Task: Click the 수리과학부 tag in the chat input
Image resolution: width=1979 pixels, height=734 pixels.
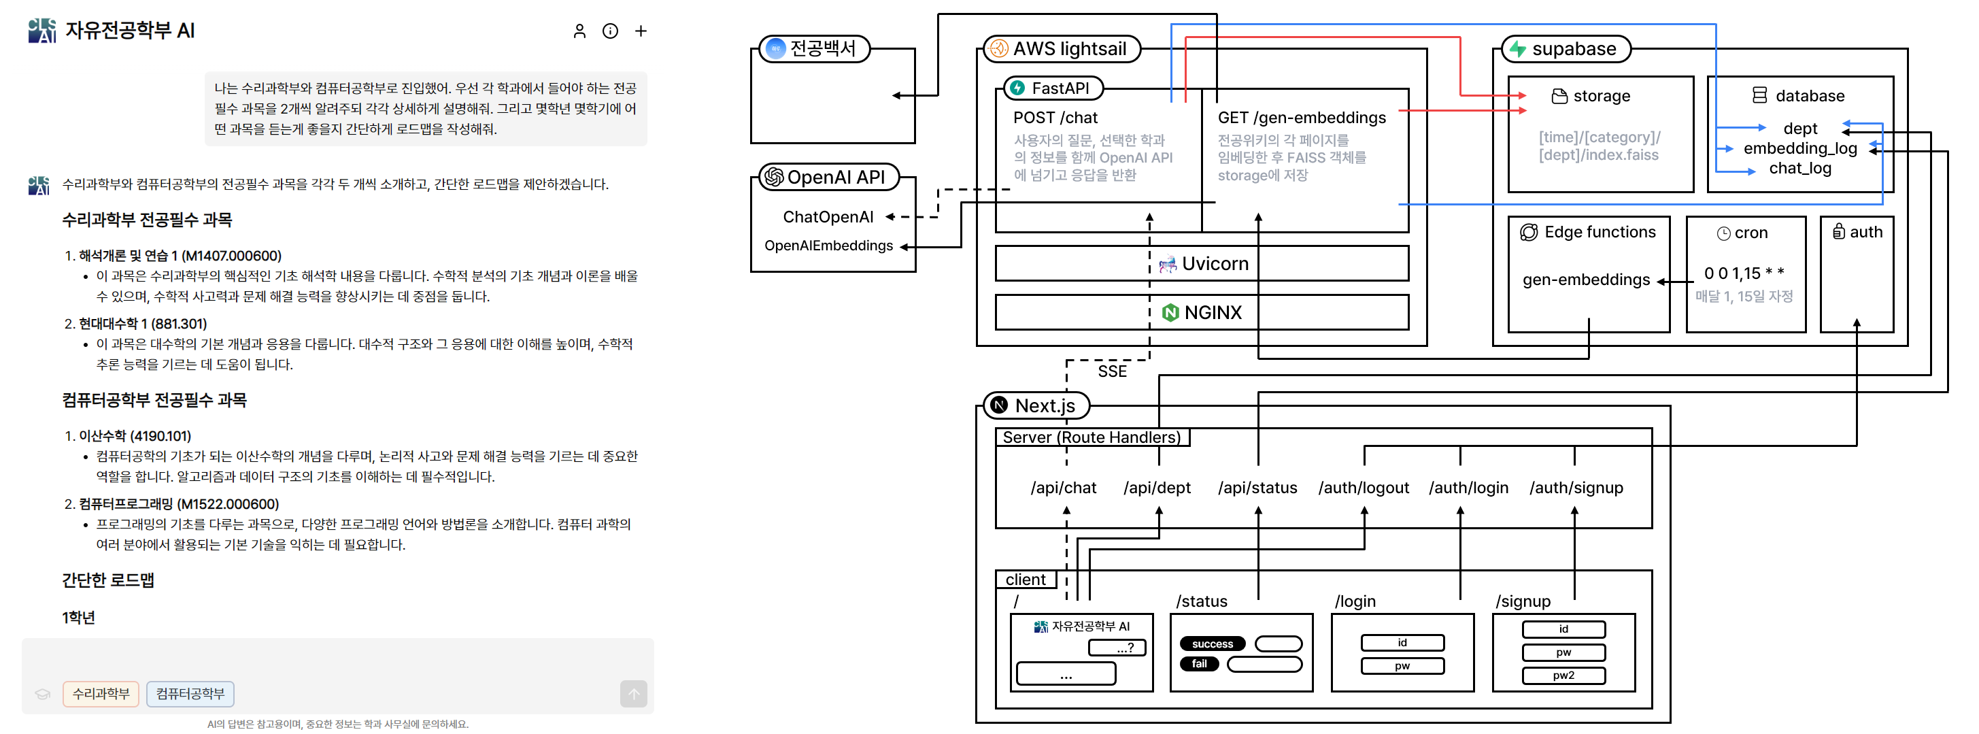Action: point(101,693)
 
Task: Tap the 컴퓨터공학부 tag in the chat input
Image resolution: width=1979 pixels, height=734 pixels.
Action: point(190,693)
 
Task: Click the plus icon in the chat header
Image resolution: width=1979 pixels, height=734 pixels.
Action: point(641,31)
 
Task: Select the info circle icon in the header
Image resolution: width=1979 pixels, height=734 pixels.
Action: point(610,31)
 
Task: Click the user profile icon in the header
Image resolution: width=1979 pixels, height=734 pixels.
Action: point(579,31)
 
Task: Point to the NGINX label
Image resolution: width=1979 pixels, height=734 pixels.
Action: point(1213,312)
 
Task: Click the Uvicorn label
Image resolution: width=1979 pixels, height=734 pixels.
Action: point(1215,264)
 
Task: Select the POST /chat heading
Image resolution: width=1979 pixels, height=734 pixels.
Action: point(1055,118)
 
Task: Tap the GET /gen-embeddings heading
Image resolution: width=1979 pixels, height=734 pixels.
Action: point(1302,118)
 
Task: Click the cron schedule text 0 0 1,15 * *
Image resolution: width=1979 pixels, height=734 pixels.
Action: point(1744,273)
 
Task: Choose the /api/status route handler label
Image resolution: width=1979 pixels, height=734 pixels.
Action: point(1257,487)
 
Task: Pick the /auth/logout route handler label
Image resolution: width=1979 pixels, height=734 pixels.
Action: point(1364,487)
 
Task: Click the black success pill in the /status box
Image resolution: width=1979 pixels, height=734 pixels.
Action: point(1213,644)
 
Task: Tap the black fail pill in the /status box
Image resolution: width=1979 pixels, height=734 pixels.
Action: point(1199,663)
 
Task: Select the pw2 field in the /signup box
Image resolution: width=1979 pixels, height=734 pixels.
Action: point(1563,675)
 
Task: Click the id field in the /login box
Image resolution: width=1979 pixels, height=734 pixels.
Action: point(1402,643)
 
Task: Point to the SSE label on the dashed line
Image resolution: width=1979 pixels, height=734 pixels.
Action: point(1112,371)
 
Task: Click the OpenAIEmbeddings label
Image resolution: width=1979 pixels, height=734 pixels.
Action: point(828,245)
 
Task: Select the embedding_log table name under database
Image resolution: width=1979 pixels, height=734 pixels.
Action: point(1800,148)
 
